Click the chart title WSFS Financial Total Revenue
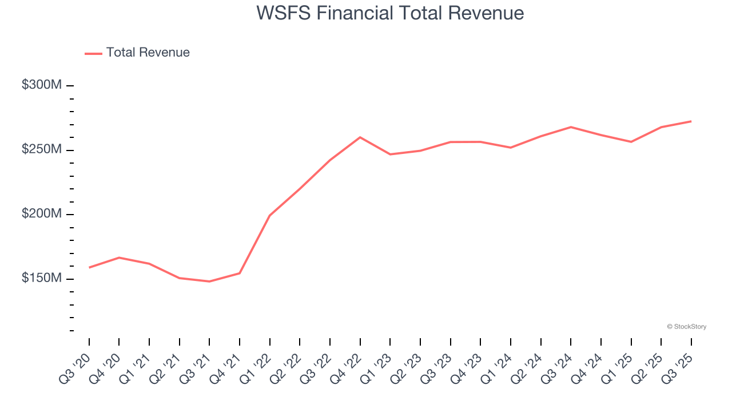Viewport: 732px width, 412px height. pos(390,13)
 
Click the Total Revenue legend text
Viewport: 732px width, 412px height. pos(148,53)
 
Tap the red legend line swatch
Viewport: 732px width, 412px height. pos(93,53)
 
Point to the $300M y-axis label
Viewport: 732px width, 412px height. pos(42,85)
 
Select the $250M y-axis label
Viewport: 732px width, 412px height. pos(42,149)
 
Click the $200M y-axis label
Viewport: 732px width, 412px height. pos(42,213)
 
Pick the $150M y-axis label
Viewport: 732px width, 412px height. pos(42,278)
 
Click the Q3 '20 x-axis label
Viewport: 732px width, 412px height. pos(75,369)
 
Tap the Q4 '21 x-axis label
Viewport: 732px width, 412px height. pos(226,369)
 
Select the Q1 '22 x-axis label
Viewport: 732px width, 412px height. pos(256,369)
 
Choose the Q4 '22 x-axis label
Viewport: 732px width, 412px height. pos(347,369)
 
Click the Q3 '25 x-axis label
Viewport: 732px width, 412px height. pos(678,369)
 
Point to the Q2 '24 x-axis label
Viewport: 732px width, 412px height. pos(527,369)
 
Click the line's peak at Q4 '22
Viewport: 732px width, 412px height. pos(360,137)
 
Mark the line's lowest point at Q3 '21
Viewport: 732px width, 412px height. pos(209,282)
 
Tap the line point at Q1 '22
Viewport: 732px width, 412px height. pos(269,216)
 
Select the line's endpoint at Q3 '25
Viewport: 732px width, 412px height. pos(691,121)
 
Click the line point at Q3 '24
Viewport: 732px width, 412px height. pos(571,127)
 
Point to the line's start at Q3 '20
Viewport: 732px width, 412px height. pos(89,267)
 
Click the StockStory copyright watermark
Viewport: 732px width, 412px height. pos(686,327)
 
